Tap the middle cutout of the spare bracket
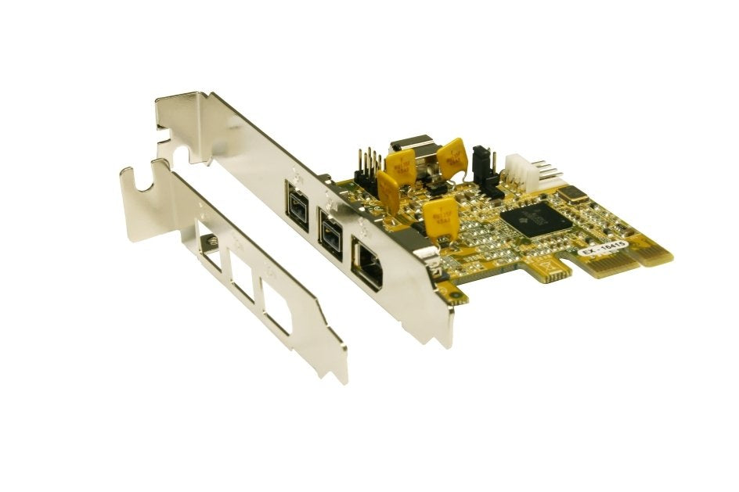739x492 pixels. tap(242, 273)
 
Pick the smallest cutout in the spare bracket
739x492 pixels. tap(210, 248)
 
